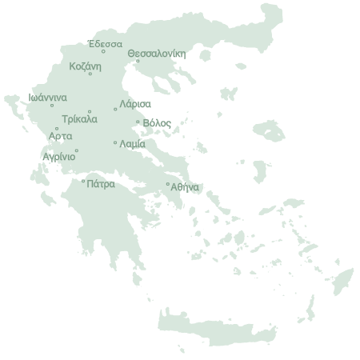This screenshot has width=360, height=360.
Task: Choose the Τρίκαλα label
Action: (78, 119)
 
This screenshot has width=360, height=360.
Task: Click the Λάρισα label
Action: (134, 104)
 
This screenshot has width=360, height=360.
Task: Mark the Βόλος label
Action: (157, 123)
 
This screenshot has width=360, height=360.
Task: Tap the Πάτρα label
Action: (100, 183)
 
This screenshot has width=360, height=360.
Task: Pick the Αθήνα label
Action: (185, 187)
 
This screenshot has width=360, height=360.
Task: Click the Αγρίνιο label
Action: (60, 157)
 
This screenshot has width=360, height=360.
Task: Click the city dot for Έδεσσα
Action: (103, 51)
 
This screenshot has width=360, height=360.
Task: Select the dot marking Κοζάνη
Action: (90, 74)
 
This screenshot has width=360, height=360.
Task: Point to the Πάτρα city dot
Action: (83, 180)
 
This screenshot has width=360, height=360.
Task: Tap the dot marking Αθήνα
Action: (167, 184)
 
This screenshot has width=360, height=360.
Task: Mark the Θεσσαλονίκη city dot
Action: (137, 61)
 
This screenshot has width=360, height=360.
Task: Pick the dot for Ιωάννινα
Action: (52, 105)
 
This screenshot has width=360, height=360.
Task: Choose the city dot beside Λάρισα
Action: (115, 109)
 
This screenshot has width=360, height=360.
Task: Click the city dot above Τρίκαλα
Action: (90, 111)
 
